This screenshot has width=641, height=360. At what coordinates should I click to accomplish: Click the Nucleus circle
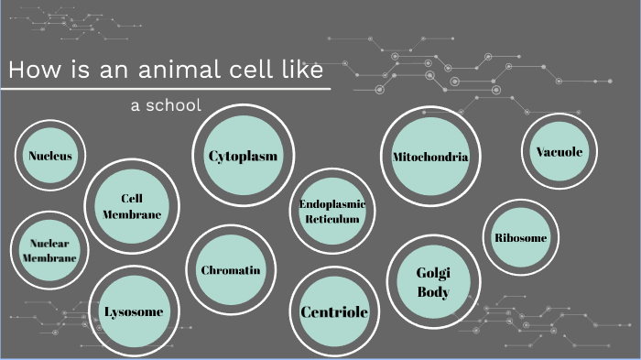coord(49,156)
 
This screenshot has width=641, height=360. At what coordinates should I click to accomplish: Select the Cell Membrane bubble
coord(131,206)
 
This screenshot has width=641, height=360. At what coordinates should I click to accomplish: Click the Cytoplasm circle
coord(242,156)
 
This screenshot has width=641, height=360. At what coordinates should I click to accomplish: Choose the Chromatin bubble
coord(230,270)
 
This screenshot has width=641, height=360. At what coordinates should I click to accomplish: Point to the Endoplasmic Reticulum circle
coord(332,211)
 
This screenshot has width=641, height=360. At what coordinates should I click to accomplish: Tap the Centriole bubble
coord(334,312)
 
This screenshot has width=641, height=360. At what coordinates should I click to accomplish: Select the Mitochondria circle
coord(429,157)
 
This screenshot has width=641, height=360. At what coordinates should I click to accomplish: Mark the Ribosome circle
coord(520,237)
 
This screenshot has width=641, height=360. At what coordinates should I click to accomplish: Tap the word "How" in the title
coord(33,71)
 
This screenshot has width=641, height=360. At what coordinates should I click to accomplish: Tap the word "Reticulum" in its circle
coord(332,219)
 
